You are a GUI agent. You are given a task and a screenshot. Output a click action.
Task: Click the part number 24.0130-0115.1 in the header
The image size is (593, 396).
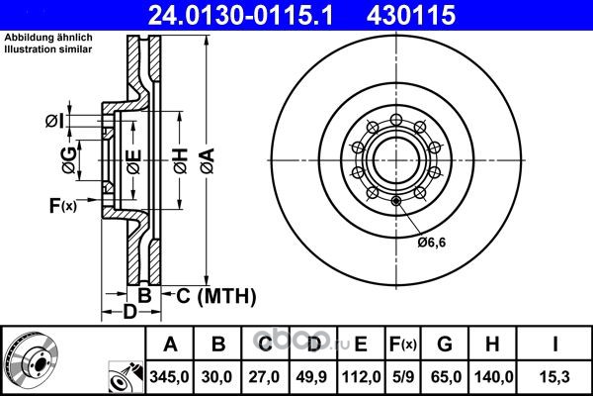[240, 15]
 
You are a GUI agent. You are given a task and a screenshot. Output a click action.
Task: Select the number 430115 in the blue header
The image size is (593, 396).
[411, 15]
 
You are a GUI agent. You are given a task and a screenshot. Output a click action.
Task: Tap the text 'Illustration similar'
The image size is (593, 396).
[48, 49]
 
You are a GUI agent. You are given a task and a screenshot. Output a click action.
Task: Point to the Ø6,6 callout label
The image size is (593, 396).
[432, 242]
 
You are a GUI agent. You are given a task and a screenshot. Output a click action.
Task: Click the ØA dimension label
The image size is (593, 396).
[208, 160]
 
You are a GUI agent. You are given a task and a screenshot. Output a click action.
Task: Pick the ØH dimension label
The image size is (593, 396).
[181, 160]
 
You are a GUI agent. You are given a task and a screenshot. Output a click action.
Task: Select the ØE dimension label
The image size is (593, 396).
[133, 161]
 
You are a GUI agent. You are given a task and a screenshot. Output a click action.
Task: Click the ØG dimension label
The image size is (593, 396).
[69, 160]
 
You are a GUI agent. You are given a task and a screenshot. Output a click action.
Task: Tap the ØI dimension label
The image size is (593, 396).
[55, 121]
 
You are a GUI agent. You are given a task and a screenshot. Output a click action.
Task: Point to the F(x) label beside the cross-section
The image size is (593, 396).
[63, 205]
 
